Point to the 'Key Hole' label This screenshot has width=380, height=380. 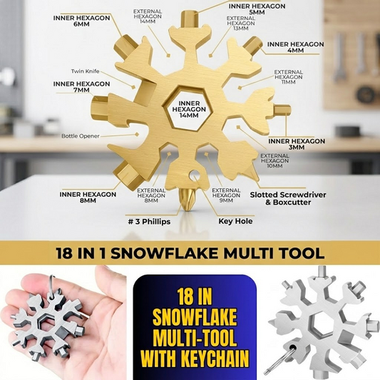pos(235,221)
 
